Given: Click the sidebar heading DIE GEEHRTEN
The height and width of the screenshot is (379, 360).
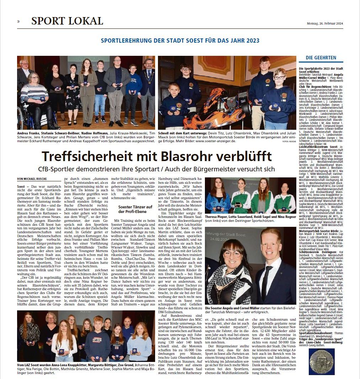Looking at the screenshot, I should tap(321, 58).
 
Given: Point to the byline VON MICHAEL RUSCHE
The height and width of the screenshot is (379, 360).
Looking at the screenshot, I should tap(32, 178).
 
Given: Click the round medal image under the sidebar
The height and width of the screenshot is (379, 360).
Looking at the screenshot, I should tap(322, 361).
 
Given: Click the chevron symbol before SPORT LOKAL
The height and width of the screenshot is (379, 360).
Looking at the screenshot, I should tap(18, 21).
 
